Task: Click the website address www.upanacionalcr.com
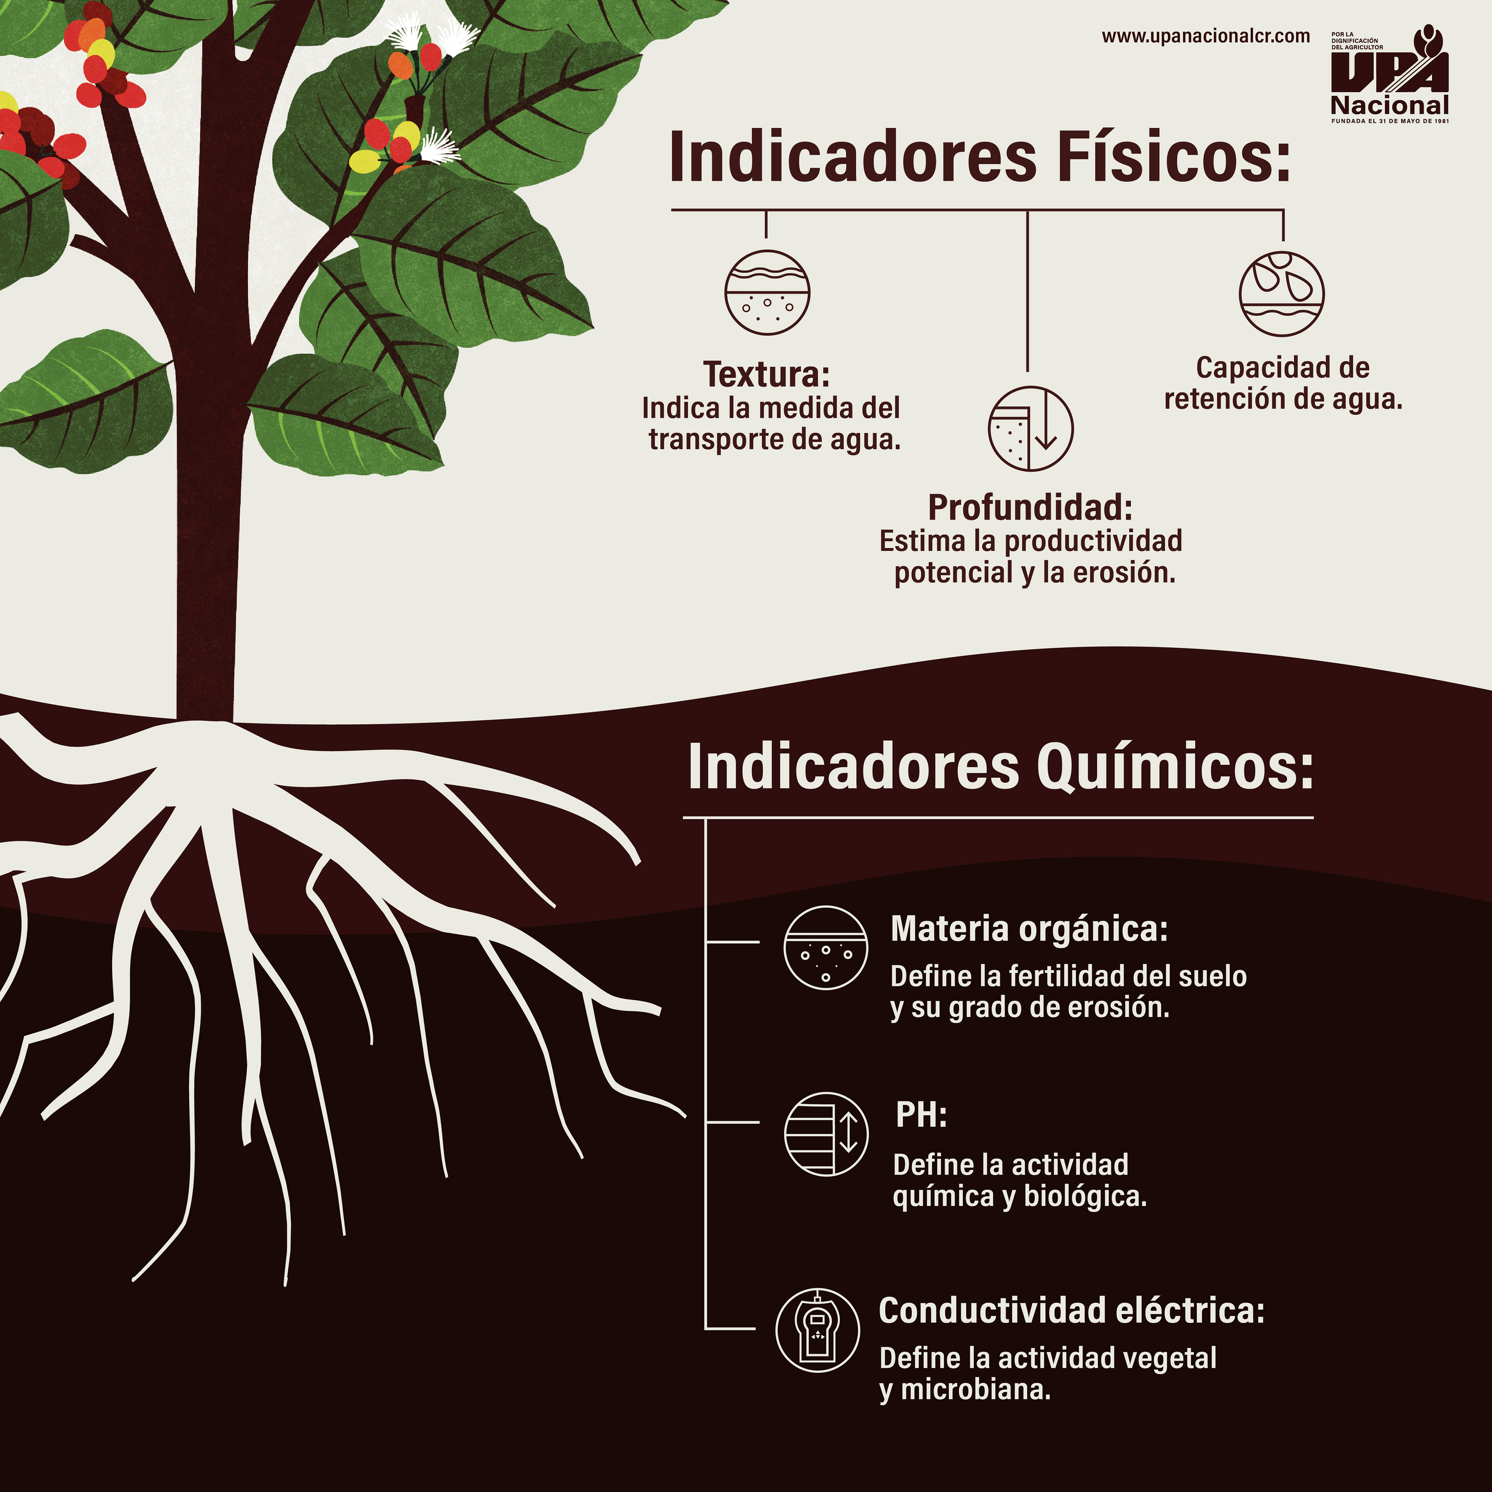click(x=1205, y=36)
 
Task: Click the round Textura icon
click(x=767, y=292)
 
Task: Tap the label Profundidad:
click(x=1030, y=507)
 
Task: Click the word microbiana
click(x=975, y=1389)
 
